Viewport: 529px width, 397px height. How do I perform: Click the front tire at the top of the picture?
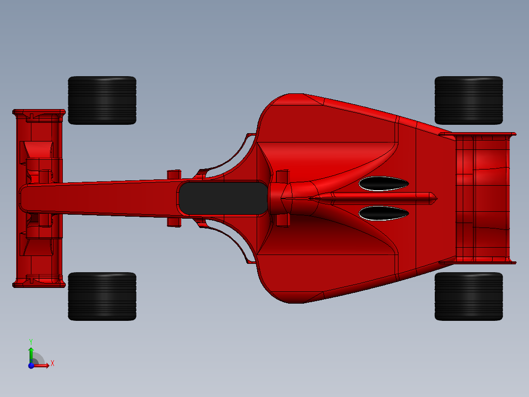click(x=102, y=100)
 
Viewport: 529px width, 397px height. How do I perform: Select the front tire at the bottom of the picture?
click(x=102, y=296)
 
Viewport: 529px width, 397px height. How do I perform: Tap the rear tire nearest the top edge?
click(x=469, y=100)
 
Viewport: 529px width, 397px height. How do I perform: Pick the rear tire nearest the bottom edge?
click(x=469, y=296)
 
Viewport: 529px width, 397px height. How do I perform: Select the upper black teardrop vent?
click(x=383, y=184)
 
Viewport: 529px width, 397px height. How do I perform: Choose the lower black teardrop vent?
click(x=383, y=213)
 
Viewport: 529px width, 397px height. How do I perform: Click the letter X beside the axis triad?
click(x=52, y=364)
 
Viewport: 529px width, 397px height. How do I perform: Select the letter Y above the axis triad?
click(x=31, y=341)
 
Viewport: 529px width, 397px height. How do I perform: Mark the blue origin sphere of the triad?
click(x=31, y=365)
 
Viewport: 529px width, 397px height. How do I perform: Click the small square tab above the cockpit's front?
click(x=174, y=174)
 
